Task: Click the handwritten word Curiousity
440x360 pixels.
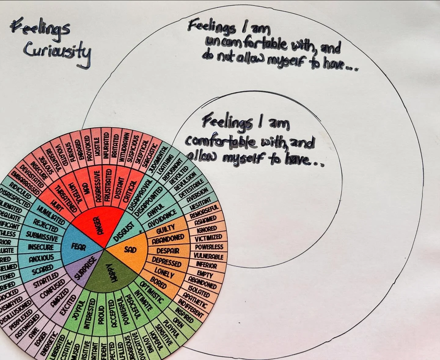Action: point(57,52)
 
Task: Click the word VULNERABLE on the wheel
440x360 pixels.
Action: point(209,256)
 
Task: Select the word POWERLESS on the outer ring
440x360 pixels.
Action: point(209,247)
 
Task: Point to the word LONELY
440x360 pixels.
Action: point(164,273)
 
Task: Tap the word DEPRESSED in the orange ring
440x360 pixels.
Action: point(167,262)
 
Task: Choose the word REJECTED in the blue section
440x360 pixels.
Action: point(46,225)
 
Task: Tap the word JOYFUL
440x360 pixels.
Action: point(79,310)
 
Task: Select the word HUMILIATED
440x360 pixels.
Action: point(51,215)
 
